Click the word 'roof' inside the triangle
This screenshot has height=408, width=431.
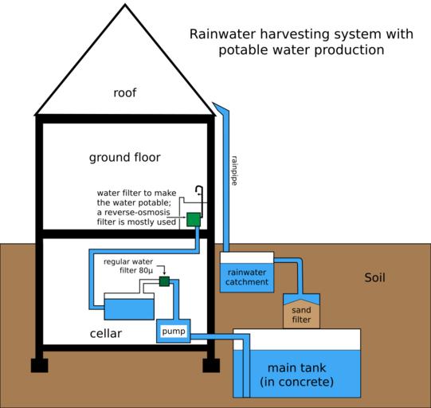coord(125,92)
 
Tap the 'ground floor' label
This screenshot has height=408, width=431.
coord(125,158)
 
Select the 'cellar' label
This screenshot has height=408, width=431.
coord(106,333)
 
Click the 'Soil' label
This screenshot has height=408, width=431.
coord(374,277)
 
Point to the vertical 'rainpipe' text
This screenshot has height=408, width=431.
coord(234,171)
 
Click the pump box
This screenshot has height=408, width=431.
coord(174,331)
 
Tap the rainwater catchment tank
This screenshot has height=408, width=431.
coord(247,272)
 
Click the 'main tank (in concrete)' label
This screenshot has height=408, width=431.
coord(297,375)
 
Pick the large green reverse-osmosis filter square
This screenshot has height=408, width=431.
coord(194,219)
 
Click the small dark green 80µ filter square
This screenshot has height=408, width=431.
coord(164,281)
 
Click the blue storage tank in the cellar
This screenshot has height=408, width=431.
coord(129,306)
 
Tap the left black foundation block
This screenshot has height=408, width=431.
coord(39,366)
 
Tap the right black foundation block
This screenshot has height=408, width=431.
coord(211,366)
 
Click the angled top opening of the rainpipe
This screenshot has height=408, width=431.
coord(220,107)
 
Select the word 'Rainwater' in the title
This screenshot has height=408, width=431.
coord(222,34)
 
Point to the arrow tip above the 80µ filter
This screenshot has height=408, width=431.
coord(164,274)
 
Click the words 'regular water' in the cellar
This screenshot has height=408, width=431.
coord(128,261)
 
